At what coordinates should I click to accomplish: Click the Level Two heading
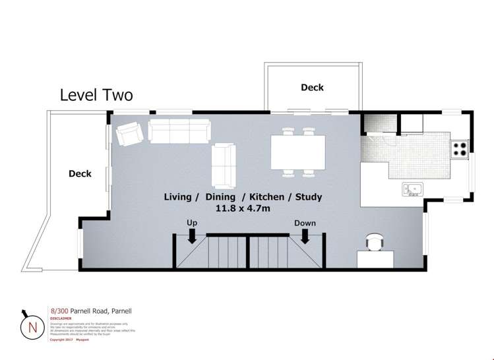pyautogui.click(x=96, y=95)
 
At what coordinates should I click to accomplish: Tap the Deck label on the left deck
pyautogui.click(x=80, y=174)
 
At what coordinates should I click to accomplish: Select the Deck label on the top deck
pyautogui.click(x=312, y=87)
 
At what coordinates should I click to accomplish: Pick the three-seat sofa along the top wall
pyautogui.click(x=179, y=131)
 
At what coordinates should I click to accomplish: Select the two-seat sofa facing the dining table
pyautogui.click(x=224, y=165)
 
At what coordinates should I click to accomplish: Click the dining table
pyautogui.click(x=297, y=152)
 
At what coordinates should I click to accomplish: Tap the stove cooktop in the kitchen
pyautogui.click(x=459, y=149)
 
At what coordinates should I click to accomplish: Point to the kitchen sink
pyautogui.click(x=414, y=190)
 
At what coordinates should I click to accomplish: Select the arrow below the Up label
pyautogui.click(x=192, y=236)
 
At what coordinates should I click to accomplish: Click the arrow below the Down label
pyautogui.click(x=305, y=236)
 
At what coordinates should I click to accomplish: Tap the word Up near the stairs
pyautogui.click(x=192, y=223)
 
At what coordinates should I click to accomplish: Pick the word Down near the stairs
pyautogui.click(x=305, y=223)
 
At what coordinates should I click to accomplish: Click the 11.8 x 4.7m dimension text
pyautogui.click(x=243, y=208)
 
